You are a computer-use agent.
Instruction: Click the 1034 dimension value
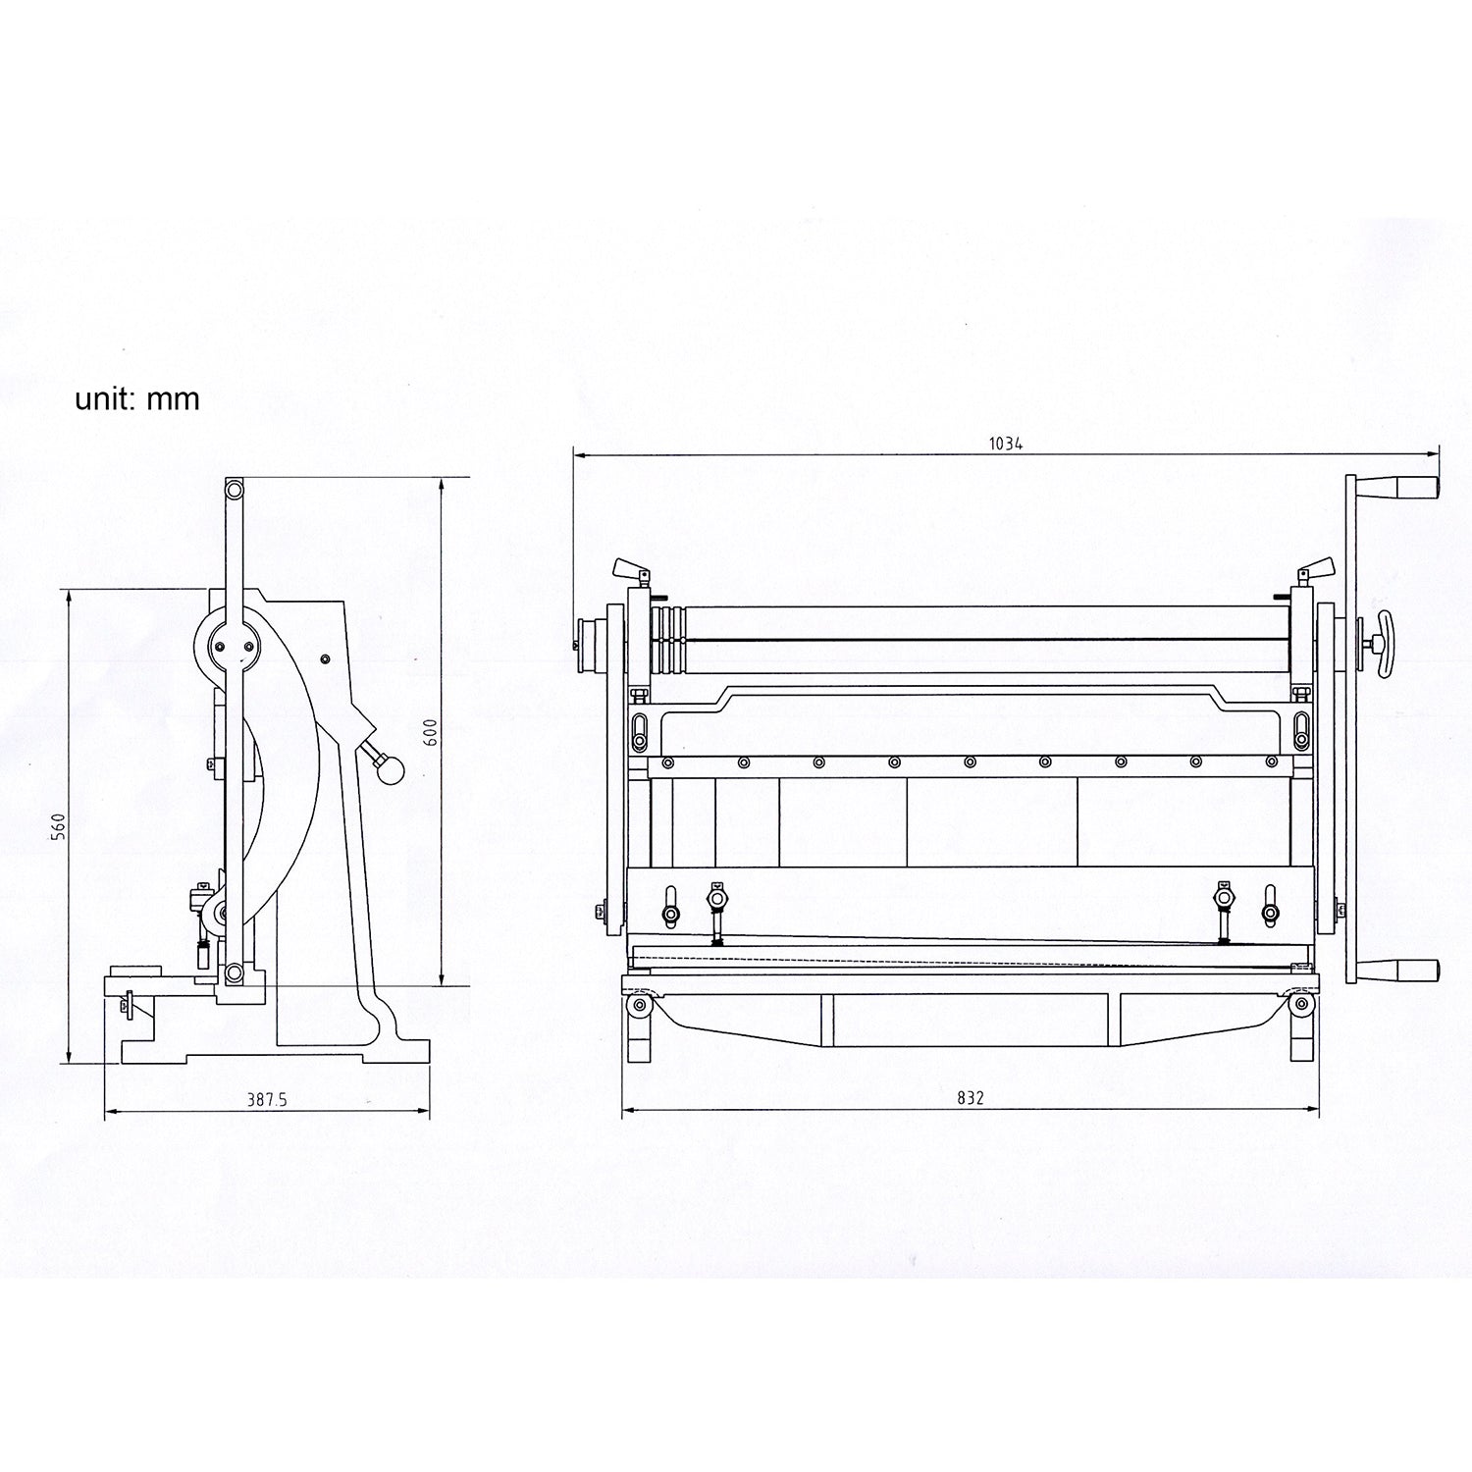pyautogui.click(x=1005, y=444)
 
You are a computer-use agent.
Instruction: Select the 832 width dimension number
pyautogui.click(x=970, y=1098)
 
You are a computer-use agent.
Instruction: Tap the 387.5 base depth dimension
pyautogui.click(x=266, y=1100)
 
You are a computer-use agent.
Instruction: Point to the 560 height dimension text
pyautogui.click(x=58, y=826)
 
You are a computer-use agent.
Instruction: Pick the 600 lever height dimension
pyautogui.click(x=430, y=733)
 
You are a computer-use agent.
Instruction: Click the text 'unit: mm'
pyautogui.click(x=137, y=399)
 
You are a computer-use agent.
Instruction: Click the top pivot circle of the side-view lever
pyautogui.click(x=234, y=488)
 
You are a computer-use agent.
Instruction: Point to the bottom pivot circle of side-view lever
pyautogui.click(x=234, y=973)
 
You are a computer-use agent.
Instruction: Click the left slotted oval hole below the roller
pyautogui.click(x=639, y=730)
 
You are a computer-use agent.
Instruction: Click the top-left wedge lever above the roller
pyautogui.click(x=627, y=569)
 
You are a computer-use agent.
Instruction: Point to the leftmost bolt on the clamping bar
pyautogui.click(x=667, y=762)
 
